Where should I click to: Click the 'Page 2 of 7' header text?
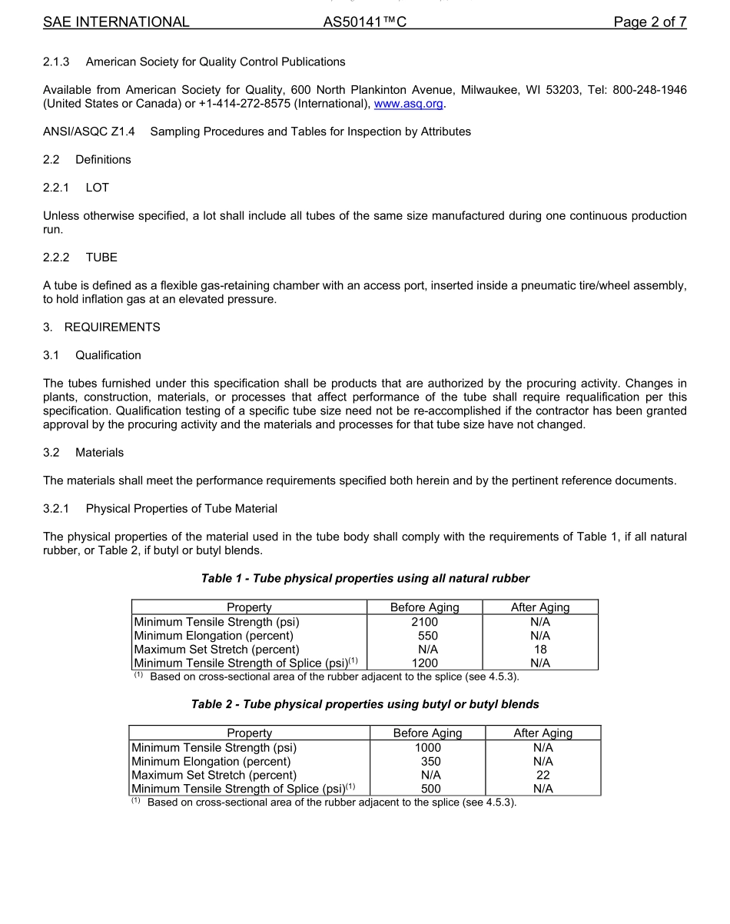[x=649, y=22]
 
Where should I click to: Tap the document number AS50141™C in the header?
[x=364, y=22]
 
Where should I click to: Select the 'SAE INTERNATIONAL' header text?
[x=116, y=22]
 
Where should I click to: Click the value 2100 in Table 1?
[x=424, y=622]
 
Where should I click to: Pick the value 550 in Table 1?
[x=427, y=636]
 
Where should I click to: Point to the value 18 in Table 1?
[x=540, y=650]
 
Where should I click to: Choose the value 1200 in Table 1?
[x=424, y=663]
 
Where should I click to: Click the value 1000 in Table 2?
[x=427, y=747]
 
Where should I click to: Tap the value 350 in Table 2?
[x=431, y=761]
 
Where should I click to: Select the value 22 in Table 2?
[x=543, y=775]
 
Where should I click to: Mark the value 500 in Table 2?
[x=431, y=789]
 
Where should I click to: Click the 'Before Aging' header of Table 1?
[x=424, y=607]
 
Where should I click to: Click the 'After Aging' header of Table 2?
[x=543, y=733]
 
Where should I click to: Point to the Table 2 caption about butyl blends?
[x=365, y=704]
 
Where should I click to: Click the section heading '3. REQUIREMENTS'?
[x=101, y=327]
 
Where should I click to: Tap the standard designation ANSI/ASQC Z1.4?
[x=88, y=131]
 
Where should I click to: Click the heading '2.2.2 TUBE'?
[x=80, y=258]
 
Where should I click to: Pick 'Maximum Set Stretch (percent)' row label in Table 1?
[x=217, y=650]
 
